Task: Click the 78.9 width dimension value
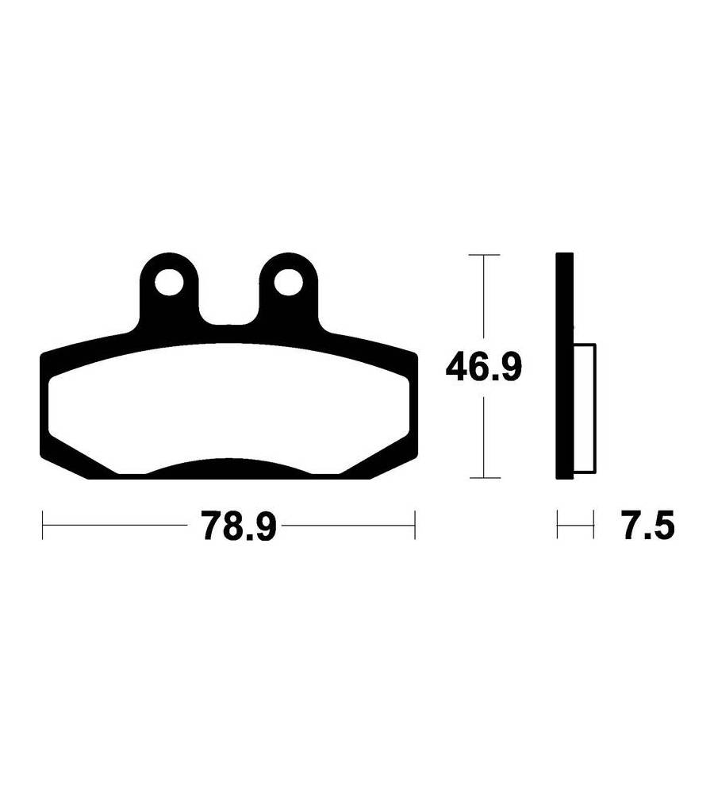[239, 526]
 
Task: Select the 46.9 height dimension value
[483, 368]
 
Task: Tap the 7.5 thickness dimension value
[649, 526]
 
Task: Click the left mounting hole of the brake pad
[169, 283]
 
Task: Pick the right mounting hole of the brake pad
[289, 283]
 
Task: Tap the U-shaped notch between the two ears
[228, 304]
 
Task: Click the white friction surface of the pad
[228, 405]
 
